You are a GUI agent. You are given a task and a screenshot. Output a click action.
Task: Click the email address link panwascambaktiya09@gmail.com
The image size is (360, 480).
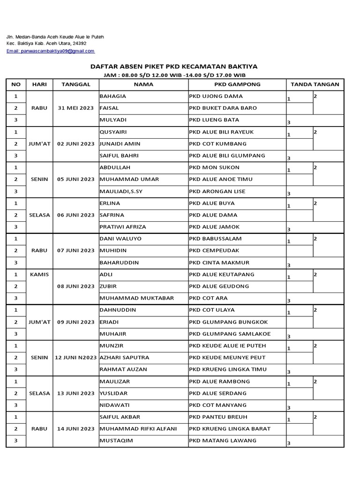[50, 51]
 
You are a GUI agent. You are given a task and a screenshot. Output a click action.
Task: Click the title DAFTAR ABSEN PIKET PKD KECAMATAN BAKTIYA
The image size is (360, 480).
[173, 67]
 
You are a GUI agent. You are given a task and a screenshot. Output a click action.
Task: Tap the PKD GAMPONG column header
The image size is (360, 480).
[237, 84]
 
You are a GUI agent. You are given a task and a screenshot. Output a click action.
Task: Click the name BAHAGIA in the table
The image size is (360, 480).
[113, 96]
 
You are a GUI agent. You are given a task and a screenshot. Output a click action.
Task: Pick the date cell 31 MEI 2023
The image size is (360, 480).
[76, 108]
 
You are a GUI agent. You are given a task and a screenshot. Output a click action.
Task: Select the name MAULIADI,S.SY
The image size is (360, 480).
[122, 191]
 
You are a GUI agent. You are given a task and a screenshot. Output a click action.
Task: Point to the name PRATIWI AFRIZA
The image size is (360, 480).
[123, 227]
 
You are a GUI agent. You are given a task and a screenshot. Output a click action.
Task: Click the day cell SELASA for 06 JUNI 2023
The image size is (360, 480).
[39, 215]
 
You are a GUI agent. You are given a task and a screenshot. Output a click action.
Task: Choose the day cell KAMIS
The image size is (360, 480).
[39, 274]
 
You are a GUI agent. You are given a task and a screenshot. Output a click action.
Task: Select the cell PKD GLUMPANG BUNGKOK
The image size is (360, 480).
[228, 322]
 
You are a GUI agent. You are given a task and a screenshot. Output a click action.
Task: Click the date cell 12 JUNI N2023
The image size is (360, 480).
[76, 358]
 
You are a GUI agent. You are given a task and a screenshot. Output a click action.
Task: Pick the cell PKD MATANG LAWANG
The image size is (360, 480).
[223, 441]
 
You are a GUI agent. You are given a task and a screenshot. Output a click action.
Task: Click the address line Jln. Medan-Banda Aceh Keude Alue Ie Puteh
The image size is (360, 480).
[55, 37]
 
